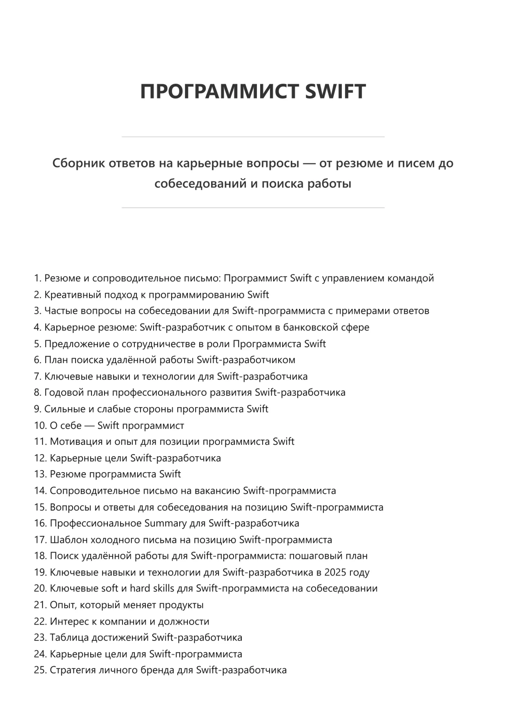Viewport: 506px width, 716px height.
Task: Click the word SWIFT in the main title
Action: click(x=335, y=91)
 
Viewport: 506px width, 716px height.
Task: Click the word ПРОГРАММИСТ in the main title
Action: click(x=220, y=91)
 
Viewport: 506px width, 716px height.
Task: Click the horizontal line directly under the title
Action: click(x=253, y=137)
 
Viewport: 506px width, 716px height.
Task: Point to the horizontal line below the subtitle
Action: click(x=253, y=207)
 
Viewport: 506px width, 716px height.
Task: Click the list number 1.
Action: click(x=37, y=278)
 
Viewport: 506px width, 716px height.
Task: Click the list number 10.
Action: click(x=40, y=425)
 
